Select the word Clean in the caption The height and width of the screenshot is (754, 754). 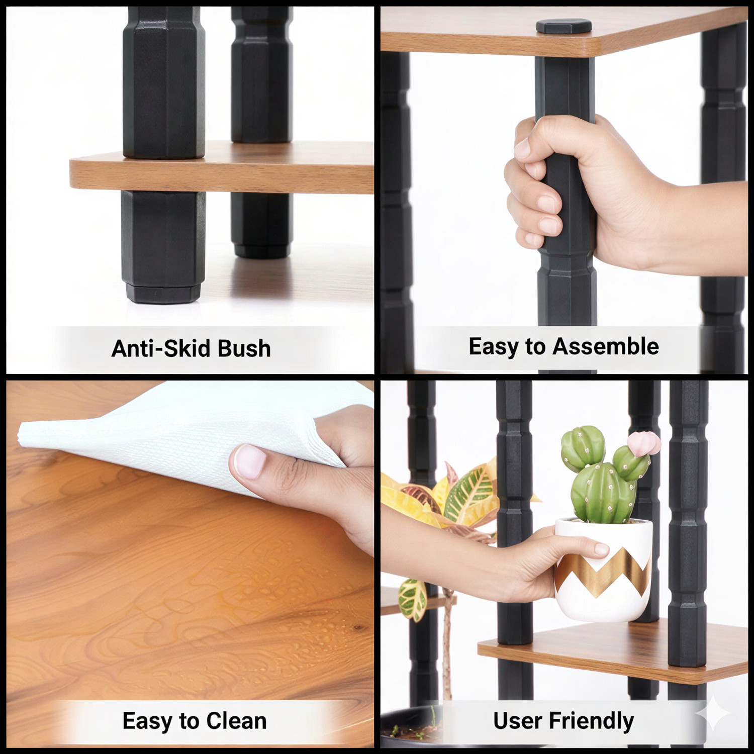click(x=236, y=721)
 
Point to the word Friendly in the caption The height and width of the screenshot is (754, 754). click(x=591, y=721)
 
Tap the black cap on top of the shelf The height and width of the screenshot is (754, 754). click(x=563, y=26)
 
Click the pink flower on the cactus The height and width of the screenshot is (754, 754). click(x=643, y=442)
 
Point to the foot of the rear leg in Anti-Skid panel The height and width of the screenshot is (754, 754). click(x=261, y=250)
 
